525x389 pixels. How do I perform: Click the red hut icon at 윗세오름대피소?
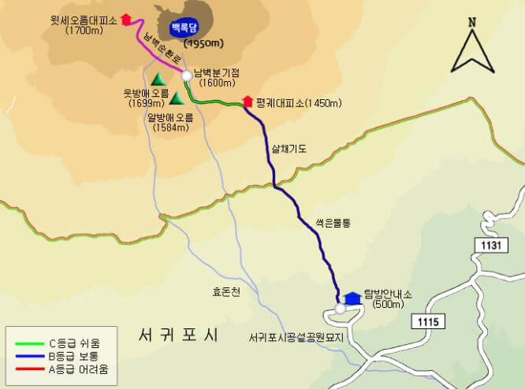pos(125,19)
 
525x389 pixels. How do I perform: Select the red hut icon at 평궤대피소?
pos(248,102)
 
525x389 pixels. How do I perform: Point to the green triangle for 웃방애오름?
pos(157,79)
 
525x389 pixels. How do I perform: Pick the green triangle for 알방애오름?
pos(177,98)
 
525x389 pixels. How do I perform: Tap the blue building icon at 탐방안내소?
pos(352,296)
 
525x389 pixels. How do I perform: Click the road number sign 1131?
pos(489,246)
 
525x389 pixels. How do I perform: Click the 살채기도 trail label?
pos(288,147)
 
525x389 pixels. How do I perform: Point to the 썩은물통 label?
pos(333,223)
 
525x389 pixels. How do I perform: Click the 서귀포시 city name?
pos(177,333)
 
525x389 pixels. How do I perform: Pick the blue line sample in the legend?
pos(28,356)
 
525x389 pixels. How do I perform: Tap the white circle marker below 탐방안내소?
pos(340,309)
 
